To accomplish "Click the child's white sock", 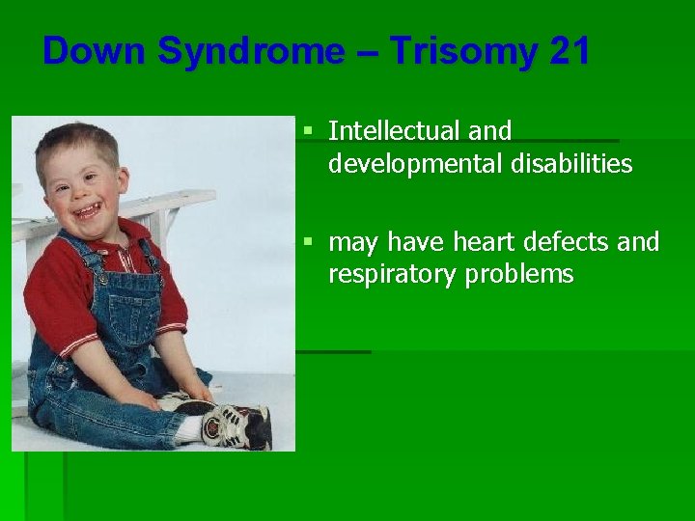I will click(190, 428).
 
